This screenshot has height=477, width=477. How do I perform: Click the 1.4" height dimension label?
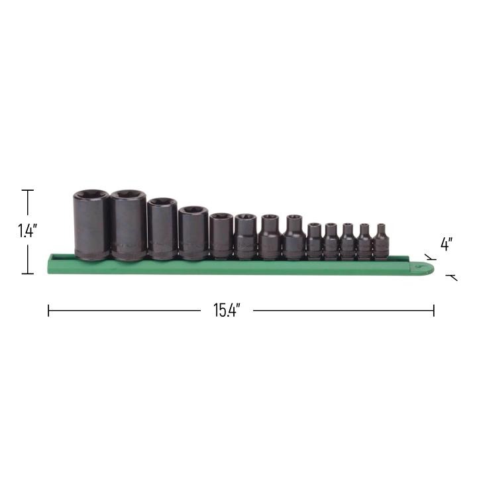tap(27, 231)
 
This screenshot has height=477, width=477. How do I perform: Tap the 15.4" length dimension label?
tap(226, 310)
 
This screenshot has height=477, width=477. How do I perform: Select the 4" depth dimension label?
tap(447, 244)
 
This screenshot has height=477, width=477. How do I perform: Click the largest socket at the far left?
tap(91, 225)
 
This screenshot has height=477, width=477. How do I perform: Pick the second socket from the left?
tap(128, 225)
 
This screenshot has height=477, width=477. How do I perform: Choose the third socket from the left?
tap(161, 229)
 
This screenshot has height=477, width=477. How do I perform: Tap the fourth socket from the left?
tap(193, 232)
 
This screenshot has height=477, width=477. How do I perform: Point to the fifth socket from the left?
tap(221, 235)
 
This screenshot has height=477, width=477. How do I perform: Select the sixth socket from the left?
tap(244, 236)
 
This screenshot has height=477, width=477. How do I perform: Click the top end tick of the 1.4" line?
tap(27, 191)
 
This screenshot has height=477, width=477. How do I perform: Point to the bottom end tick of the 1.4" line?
tap(27, 274)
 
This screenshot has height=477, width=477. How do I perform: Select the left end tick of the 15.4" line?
tap(48, 310)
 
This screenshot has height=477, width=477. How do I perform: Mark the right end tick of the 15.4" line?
tap(434, 310)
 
